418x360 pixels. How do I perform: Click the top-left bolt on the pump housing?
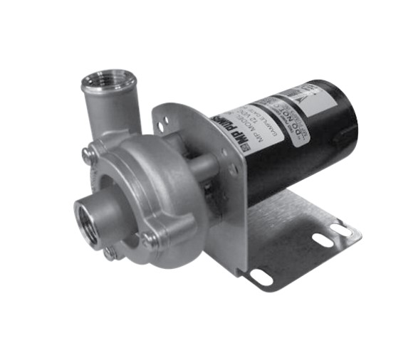pyautogui.click(x=87, y=153)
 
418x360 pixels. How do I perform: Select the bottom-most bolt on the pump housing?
pyautogui.click(x=110, y=252)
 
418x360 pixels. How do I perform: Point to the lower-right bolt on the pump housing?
pyautogui.click(x=150, y=240)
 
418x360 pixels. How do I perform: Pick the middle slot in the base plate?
pyautogui.click(x=323, y=240)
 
